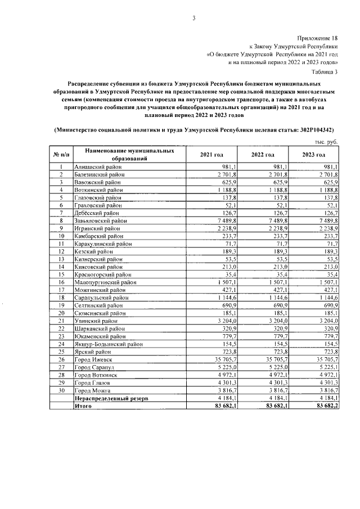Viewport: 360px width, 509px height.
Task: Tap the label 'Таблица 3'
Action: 325,71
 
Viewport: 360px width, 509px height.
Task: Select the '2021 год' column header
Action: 211,155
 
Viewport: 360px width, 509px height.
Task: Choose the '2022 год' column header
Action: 263,155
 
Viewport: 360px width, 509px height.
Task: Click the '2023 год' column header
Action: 314,155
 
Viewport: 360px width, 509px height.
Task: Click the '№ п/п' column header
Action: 61,155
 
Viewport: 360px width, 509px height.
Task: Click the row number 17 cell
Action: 61,290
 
